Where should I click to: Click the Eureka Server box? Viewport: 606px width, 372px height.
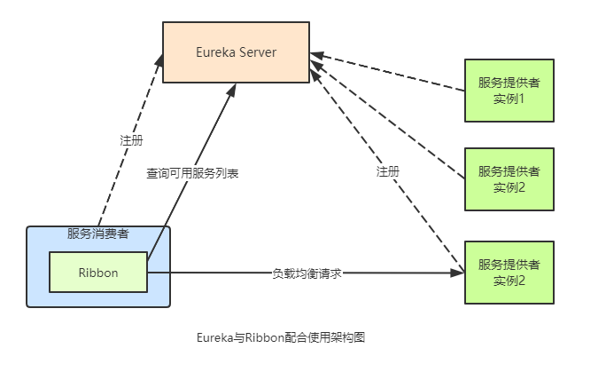click(x=236, y=52)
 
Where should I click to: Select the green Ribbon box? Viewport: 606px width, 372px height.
click(x=97, y=273)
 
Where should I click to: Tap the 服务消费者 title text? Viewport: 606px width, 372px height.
click(x=97, y=234)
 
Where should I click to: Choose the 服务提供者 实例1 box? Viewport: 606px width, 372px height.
click(x=509, y=90)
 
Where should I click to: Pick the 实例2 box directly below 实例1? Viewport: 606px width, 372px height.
click(x=509, y=178)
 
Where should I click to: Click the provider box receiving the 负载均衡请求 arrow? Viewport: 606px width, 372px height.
click(x=509, y=273)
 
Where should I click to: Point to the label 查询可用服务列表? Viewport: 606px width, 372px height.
click(x=192, y=174)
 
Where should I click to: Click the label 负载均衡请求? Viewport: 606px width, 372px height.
click(x=307, y=273)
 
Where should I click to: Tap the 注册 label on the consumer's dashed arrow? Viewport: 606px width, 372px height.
click(x=131, y=141)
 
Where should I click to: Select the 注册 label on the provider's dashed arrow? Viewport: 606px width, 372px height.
click(x=387, y=170)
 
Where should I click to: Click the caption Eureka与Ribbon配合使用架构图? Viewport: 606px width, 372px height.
click(x=281, y=337)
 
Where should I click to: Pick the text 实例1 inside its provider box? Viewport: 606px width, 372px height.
click(x=509, y=98)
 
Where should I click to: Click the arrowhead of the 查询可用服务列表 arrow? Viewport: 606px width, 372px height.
click(x=233, y=90)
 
